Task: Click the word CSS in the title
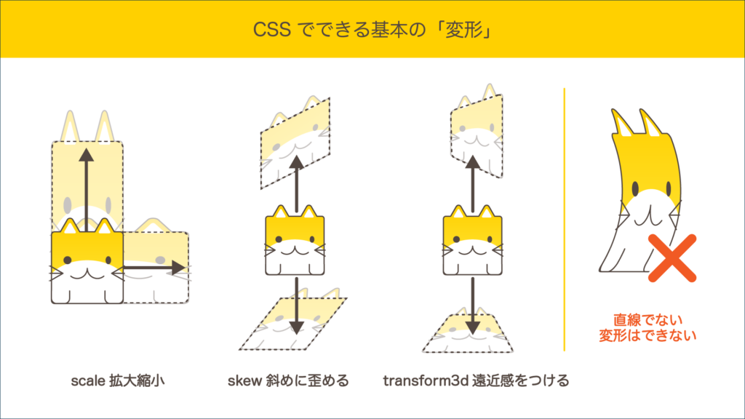pyautogui.click(x=272, y=29)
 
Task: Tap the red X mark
pyautogui.click(x=672, y=258)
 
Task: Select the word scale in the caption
pyautogui.click(x=88, y=380)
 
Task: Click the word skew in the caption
pyautogui.click(x=244, y=380)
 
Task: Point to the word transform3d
pyautogui.click(x=426, y=380)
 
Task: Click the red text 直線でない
pyautogui.click(x=648, y=320)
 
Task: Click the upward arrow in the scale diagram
pyautogui.click(x=86, y=190)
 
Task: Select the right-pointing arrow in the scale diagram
pyautogui.click(x=154, y=268)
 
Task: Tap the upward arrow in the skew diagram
pyautogui.click(x=297, y=184)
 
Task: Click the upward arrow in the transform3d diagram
pyautogui.click(x=472, y=184)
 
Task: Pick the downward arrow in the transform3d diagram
pyautogui.click(x=472, y=306)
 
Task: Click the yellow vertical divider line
pyautogui.click(x=565, y=220)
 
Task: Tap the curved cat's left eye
pyautogui.click(x=636, y=188)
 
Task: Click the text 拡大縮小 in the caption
pyautogui.click(x=137, y=380)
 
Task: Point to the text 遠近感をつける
pyautogui.click(x=521, y=380)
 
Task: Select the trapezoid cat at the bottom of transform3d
pyautogui.click(x=468, y=333)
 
